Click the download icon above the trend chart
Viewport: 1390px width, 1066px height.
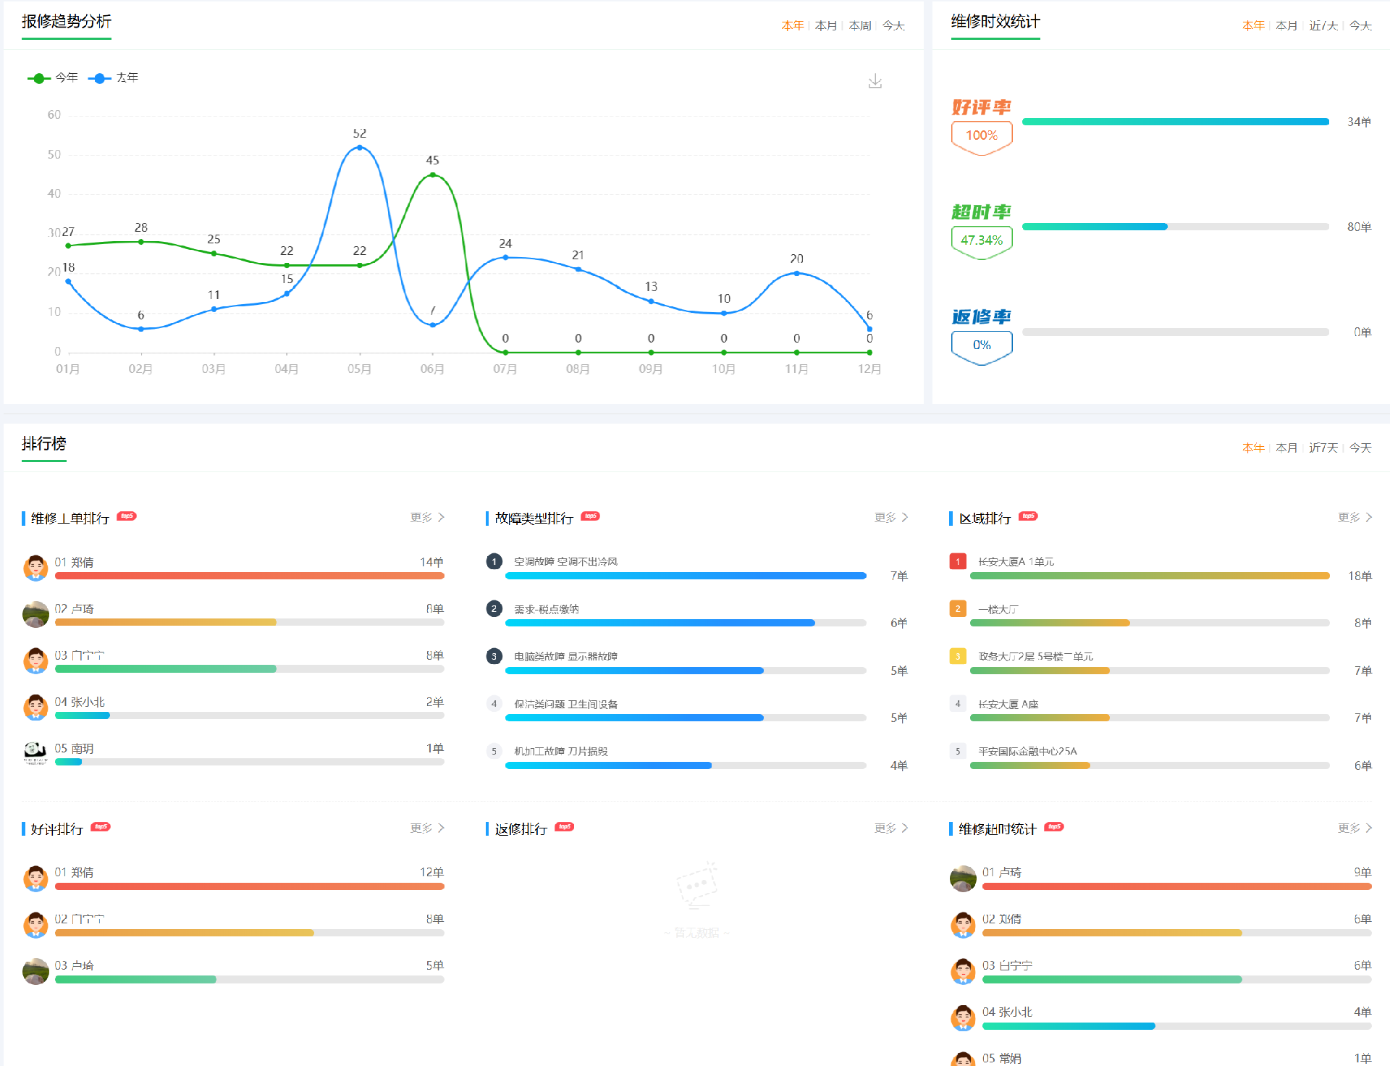point(875,81)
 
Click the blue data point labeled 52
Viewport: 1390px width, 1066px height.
point(360,148)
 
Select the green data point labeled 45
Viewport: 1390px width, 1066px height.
point(432,175)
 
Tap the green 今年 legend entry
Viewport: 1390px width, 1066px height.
point(53,77)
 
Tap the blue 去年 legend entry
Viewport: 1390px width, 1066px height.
point(114,77)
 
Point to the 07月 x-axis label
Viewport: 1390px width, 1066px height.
point(505,369)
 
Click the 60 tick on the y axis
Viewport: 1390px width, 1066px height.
point(54,115)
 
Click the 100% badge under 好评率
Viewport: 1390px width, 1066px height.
point(981,135)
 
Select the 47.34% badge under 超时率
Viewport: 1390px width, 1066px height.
point(981,240)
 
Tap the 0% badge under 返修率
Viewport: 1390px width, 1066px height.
point(981,345)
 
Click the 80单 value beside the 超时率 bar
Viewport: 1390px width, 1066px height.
point(1359,227)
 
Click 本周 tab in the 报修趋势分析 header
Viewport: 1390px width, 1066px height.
point(860,26)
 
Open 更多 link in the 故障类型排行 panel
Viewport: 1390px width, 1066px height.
point(890,517)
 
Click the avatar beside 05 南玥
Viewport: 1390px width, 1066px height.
point(35,753)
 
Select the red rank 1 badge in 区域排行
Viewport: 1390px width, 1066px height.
point(958,561)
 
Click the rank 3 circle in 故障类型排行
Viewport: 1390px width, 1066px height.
point(494,656)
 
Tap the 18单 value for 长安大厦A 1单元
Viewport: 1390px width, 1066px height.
point(1360,576)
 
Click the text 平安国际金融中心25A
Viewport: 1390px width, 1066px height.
point(1027,752)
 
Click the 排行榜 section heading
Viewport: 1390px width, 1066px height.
point(44,443)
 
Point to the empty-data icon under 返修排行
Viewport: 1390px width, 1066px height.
point(696,885)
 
